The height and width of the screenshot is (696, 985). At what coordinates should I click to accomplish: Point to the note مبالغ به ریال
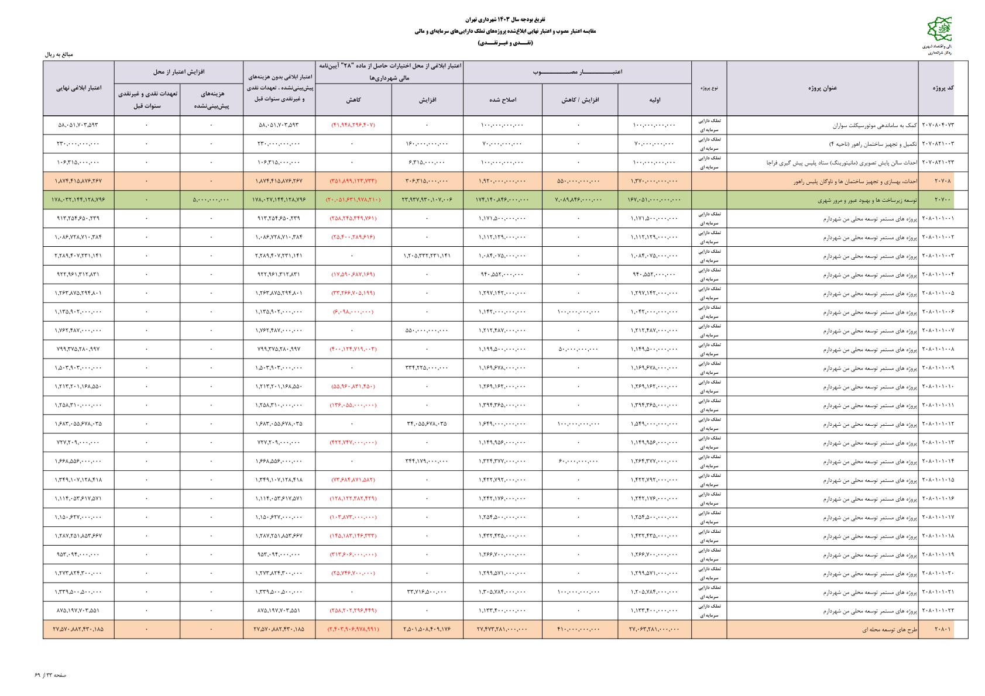click(59, 54)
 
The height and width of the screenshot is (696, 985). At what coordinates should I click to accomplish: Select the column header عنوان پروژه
click(822, 88)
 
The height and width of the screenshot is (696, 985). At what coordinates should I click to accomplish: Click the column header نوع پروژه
click(709, 88)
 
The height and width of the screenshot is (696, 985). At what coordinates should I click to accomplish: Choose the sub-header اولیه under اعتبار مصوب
click(654, 100)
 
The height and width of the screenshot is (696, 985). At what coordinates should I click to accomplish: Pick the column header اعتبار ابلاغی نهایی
click(78, 88)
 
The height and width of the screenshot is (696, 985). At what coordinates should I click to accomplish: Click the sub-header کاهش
click(353, 100)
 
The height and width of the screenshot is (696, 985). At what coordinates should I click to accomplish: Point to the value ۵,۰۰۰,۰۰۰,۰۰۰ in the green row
click(211, 200)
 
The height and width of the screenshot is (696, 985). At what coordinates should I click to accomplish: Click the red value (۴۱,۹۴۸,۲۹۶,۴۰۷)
click(353, 125)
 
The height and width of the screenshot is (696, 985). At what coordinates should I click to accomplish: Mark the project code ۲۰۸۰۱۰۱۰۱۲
click(937, 424)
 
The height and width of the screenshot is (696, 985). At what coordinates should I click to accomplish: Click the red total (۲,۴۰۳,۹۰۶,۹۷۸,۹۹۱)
click(353, 629)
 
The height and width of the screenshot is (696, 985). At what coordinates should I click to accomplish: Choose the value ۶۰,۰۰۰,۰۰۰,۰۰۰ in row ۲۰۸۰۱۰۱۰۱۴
click(579, 461)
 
